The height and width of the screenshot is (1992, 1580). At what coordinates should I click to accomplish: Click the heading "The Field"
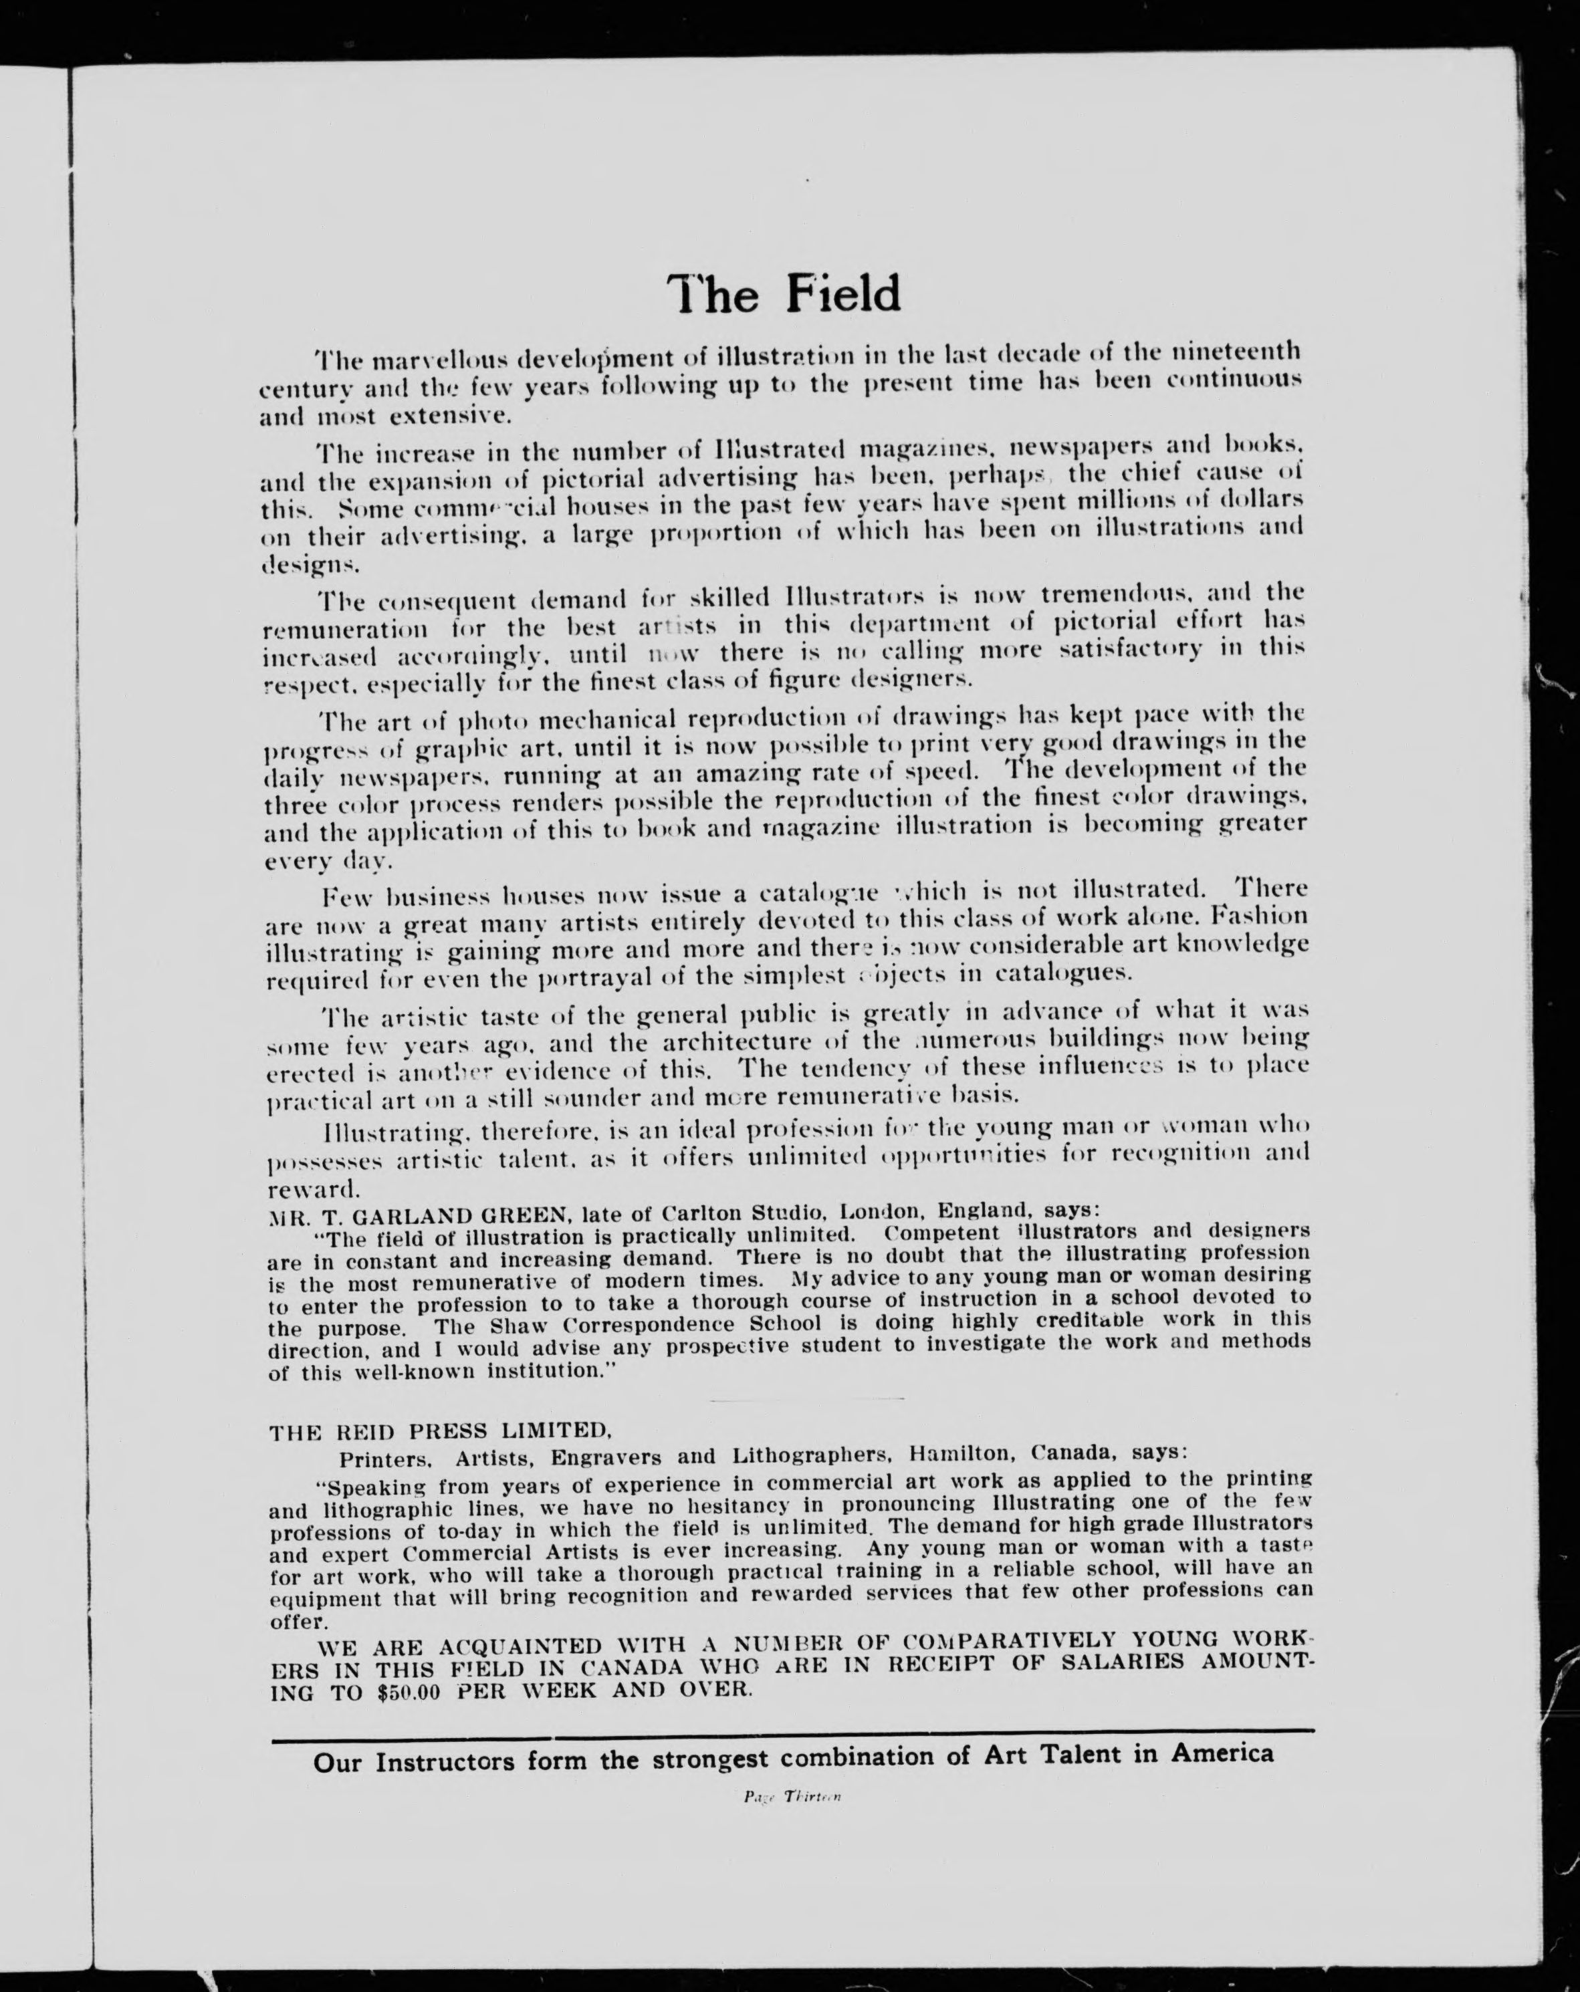784,294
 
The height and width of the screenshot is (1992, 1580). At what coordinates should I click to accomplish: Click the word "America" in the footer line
1222,1753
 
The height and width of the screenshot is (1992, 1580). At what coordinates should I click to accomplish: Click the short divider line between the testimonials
806,1398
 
